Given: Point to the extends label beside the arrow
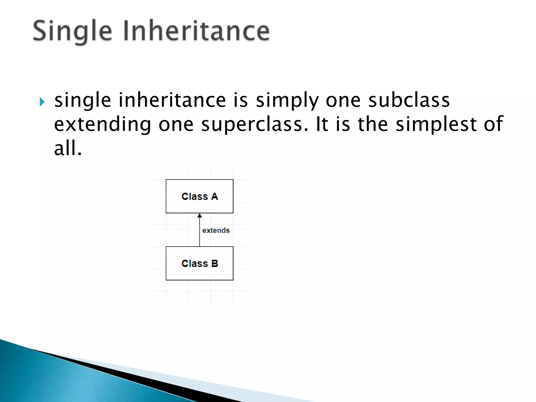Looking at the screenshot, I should [x=216, y=230].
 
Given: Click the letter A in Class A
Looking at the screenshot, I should [x=215, y=197].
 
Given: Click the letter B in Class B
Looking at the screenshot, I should [x=215, y=264].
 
